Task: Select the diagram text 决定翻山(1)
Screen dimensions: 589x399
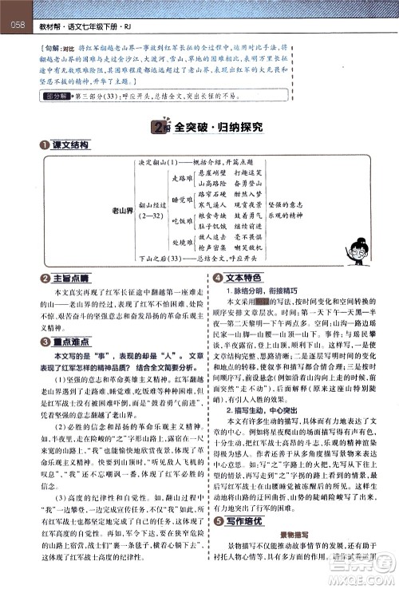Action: [x=161, y=163]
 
